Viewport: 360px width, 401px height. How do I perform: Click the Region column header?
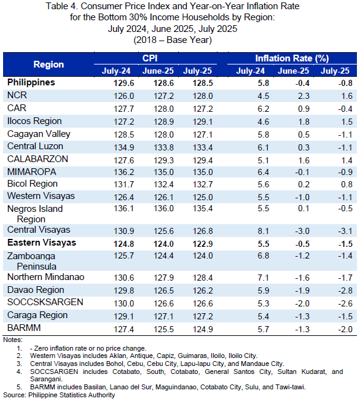(x=49, y=64)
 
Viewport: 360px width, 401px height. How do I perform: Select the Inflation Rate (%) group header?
(x=292, y=58)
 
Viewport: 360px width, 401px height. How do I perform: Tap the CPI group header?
(x=150, y=58)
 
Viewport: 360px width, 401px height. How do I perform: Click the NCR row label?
(x=17, y=95)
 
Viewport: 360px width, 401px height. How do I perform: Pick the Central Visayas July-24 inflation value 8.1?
(x=264, y=231)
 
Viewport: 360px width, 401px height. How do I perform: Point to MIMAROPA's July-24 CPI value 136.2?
(x=124, y=172)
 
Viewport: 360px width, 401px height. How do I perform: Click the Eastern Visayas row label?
(x=42, y=243)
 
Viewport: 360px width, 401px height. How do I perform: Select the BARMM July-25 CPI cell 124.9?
(x=203, y=329)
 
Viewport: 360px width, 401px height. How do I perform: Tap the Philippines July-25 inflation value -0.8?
(x=345, y=83)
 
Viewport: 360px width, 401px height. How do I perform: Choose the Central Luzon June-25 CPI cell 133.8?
(x=164, y=147)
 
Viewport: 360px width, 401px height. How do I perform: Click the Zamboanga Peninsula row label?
(x=31, y=261)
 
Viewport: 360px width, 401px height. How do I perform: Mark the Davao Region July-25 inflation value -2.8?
(x=345, y=290)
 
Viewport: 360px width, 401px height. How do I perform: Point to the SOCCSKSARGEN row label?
(x=45, y=302)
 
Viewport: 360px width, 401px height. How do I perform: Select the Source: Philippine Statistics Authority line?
(x=59, y=395)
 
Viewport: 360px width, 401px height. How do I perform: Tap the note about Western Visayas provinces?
(x=144, y=356)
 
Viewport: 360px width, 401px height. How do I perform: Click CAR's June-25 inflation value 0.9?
(x=303, y=109)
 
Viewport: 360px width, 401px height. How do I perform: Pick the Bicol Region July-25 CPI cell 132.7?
(x=203, y=184)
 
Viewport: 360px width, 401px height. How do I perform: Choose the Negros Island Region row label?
(x=35, y=214)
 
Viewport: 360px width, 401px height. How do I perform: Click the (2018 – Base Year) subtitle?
(x=173, y=40)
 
